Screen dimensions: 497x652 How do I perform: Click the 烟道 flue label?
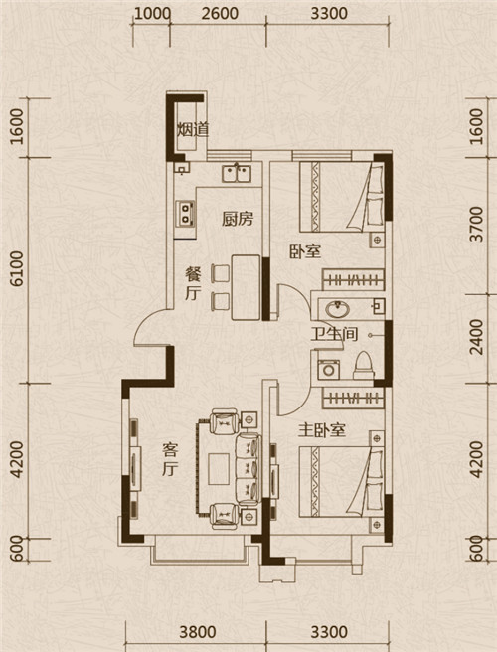193,130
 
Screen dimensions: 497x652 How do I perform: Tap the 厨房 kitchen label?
237,219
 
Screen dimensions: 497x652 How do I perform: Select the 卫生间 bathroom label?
334,334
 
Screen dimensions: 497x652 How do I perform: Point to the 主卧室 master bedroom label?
322,430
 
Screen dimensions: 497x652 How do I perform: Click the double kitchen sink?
237,173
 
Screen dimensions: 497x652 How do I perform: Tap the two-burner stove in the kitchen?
186,213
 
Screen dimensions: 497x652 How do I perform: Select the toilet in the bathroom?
364,365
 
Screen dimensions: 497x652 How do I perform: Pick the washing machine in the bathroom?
329,370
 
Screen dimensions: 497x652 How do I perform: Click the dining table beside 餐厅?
246,287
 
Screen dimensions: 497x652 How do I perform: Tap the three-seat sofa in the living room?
248,469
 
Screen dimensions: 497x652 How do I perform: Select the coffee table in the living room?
219,469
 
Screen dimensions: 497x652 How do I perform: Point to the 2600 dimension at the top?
220,13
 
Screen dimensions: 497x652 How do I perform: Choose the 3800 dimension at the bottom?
198,632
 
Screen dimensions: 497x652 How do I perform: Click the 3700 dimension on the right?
479,224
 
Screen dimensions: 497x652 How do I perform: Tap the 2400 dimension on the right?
479,336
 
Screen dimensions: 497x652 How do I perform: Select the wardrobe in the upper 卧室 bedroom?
353,280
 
